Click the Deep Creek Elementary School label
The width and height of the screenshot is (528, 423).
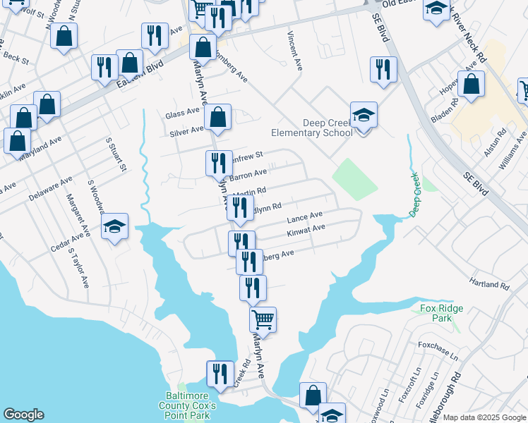[x=312, y=128]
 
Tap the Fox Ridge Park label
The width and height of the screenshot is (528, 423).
[x=436, y=313]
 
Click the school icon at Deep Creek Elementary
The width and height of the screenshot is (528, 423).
[x=364, y=115]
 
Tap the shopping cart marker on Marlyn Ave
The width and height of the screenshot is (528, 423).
[x=263, y=320]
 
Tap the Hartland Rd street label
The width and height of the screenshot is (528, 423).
[x=490, y=283]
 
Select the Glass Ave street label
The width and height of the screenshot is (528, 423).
[x=183, y=114]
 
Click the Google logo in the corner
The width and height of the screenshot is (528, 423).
[x=23, y=415]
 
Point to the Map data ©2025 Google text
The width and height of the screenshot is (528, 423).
[x=484, y=417]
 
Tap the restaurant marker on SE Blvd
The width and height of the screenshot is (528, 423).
[x=383, y=69]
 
